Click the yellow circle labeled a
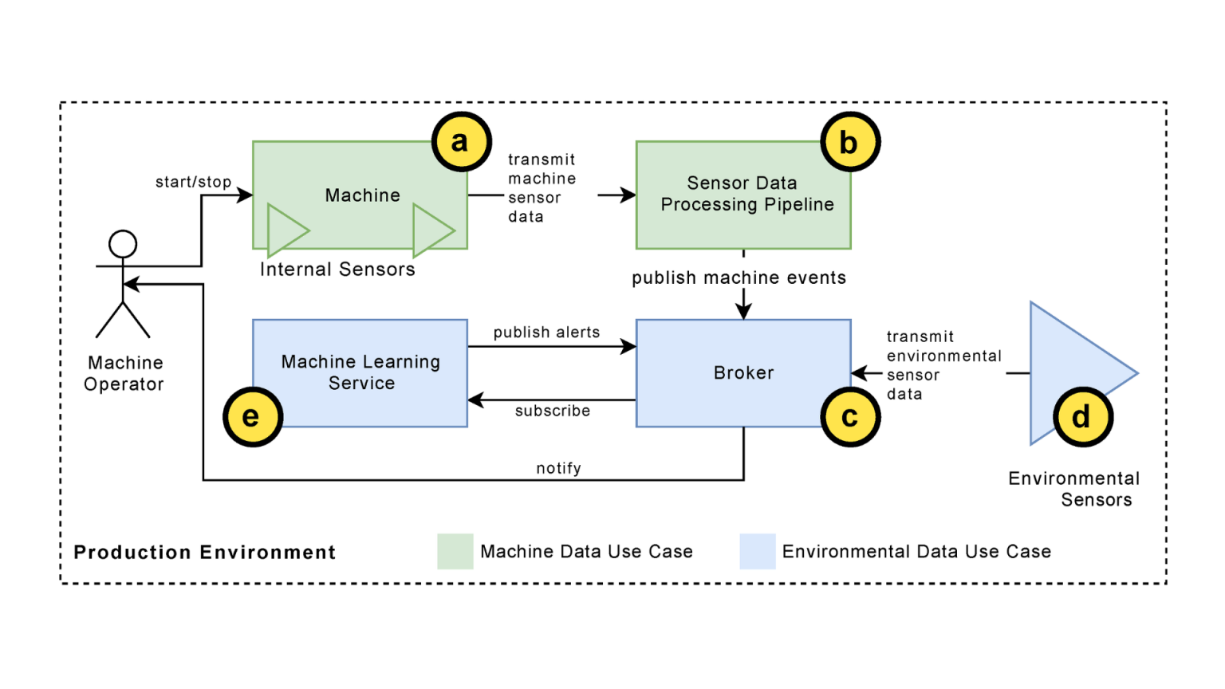click(x=461, y=142)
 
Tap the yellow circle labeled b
click(x=850, y=143)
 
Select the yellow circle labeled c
click(x=850, y=417)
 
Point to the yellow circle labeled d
click(x=1082, y=417)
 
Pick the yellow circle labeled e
click(x=252, y=417)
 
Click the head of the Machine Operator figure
click(x=123, y=244)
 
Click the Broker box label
click(x=743, y=373)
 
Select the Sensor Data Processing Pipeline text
click(x=746, y=194)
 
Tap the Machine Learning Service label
click(x=360, y=372)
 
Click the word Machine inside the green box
click(x=362, y=195)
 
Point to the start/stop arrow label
click(x=193, y=182)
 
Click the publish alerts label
click(x=546, y=333)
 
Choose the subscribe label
click(x=552, y=411)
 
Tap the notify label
click(x=558, y=468)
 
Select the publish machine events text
click(x=739, y=278)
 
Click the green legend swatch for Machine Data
click(x=455, y=551)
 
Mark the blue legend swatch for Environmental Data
click(x=757, y=551)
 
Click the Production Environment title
click(x=204, y=553)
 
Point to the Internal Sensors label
click(x=337, y=270)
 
